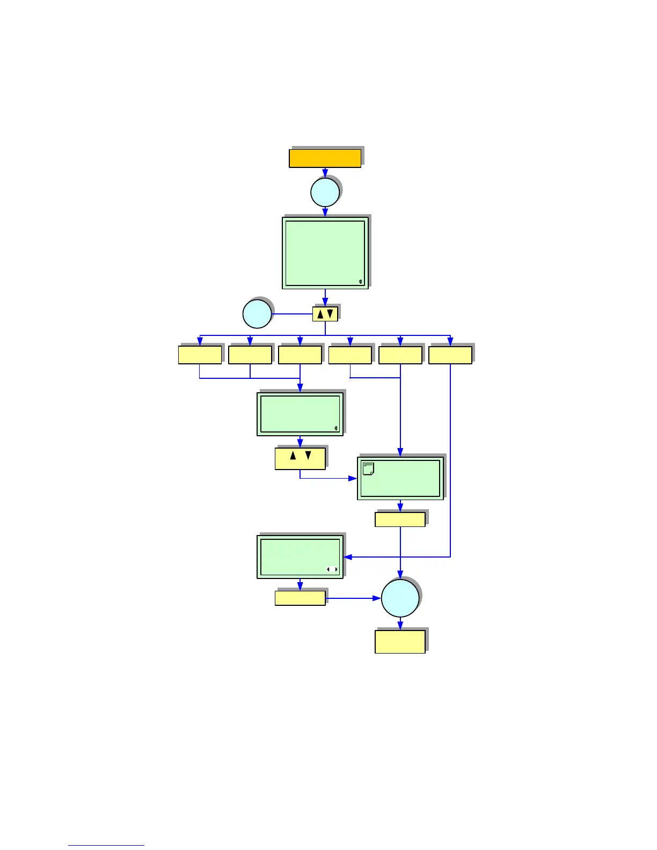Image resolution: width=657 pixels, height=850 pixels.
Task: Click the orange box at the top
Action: click(x=325, y=159)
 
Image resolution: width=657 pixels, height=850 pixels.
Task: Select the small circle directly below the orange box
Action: click(x=325, y=192)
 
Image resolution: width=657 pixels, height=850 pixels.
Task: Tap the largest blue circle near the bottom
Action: click(x=400, y=598)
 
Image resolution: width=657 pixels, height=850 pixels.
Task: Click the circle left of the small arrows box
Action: click(x=257, y=314)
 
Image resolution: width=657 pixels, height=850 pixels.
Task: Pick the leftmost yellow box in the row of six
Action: click(x=200, y=355)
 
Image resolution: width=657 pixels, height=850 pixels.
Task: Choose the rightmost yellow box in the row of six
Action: click(x=450, y=355)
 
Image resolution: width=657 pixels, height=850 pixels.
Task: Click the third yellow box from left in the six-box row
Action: click(x=300, y=355)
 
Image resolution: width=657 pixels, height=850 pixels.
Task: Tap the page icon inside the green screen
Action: click(x=368, y=468)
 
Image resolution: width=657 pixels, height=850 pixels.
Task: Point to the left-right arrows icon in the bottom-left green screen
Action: click(x=332, y=569)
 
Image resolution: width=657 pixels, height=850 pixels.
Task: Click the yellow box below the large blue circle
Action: click(x=400, y=641)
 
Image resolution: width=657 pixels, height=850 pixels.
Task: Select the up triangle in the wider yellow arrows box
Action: click(x=293, y=456)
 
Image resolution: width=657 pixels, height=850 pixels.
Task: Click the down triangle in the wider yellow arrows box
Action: click(x=308, y=456)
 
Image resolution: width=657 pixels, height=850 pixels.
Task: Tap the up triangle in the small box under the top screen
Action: click(x=320, y=314)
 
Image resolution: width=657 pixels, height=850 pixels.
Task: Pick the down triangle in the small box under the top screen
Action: click(x=330, y=313)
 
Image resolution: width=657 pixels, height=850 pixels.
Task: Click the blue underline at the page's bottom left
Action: click(x=106, y=845)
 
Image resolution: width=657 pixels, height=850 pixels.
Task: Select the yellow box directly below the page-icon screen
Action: click(x=400, y=519)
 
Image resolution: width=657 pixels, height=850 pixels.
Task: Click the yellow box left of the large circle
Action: click(x=300, y=598)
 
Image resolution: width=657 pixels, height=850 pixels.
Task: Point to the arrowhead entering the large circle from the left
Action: click(x=377, y=598)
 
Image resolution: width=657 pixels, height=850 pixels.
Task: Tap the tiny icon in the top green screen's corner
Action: click(x=361, y=282)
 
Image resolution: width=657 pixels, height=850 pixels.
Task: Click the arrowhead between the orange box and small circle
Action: click(x=325, y=173)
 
